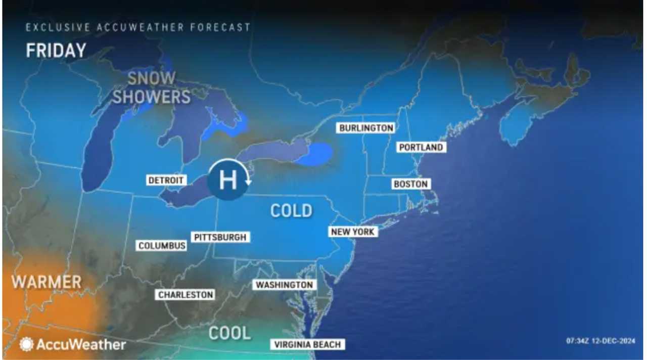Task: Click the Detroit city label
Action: coord(166,180)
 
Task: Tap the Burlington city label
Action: coord(366,128)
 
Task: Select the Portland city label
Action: coord(421,147)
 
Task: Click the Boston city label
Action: coord(410,184)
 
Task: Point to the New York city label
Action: coord(353,232)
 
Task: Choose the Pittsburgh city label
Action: coord(221,237)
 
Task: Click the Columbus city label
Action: coord(162,246)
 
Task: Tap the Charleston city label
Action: coord(186,294)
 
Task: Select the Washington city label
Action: coord(284,285)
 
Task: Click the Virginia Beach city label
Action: coord(307,344)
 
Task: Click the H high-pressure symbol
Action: coord(227,180)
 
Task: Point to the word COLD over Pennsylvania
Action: coord(291,210)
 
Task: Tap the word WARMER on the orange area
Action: coord(47,282)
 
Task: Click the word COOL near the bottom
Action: coord(229,333)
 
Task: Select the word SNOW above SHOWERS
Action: coord(151,78)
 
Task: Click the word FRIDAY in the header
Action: coord(56,51)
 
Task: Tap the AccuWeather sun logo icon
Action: coord(26,344)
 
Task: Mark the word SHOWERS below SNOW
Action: coord(151,97)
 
